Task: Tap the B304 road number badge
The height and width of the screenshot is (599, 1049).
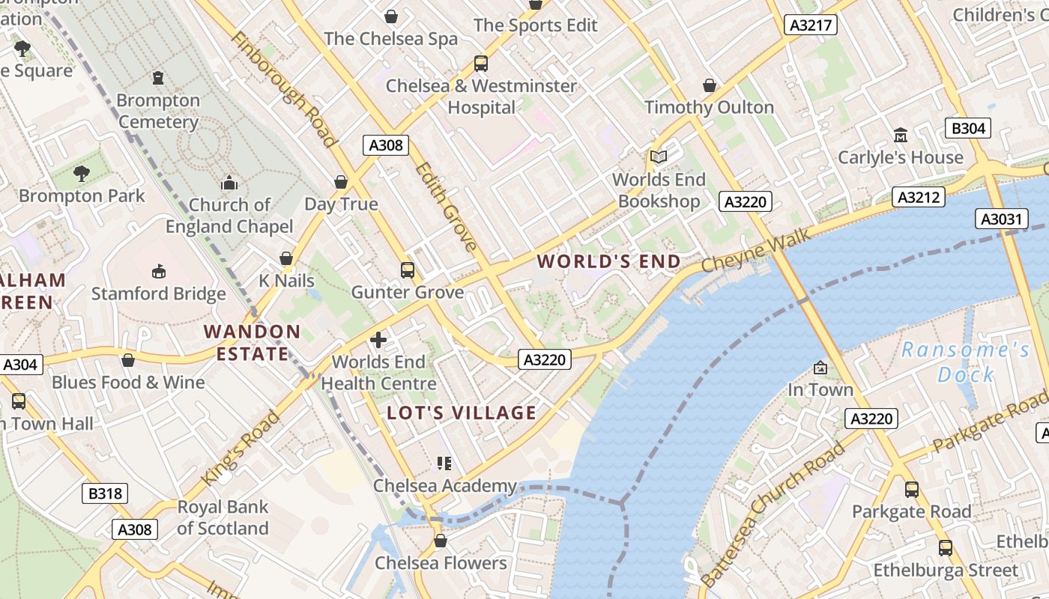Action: point(967,128)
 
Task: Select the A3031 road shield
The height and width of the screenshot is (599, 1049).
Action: point(1000,219)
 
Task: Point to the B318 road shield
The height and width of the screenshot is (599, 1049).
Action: point(104,493)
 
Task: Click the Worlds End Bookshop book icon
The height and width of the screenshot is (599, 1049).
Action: point(659,156)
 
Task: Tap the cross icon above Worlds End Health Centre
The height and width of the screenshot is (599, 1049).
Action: point(378,341)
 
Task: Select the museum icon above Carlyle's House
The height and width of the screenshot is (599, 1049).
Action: point(901,136)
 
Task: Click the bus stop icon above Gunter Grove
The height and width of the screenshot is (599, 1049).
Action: point(408,270)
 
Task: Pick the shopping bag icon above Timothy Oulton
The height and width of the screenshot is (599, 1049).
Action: point(710,85)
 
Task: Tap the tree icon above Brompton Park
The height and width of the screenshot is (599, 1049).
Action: point(82,174)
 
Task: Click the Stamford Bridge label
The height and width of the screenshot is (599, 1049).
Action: point(159,294)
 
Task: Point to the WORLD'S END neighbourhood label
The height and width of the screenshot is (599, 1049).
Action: point(609,261)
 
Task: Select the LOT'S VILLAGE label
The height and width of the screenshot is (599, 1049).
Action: point(462,413)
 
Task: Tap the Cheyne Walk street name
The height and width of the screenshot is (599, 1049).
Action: point(756,251)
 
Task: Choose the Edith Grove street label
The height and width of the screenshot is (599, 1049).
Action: point(446,207)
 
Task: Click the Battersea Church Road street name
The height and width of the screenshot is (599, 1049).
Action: point(773,514)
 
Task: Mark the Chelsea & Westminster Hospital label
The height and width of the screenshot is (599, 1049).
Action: point(481,97)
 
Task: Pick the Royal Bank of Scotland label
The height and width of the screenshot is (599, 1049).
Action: point(223,517)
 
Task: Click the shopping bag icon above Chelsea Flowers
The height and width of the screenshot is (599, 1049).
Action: point(441,541)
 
